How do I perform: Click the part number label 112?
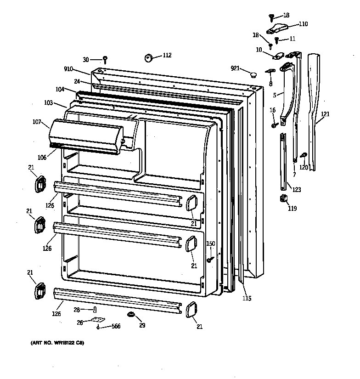click(167, 56)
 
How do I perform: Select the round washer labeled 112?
click(149, 58)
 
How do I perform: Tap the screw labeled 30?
click(105, 59)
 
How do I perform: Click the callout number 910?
click(69, 69)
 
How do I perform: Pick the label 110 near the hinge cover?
click(303, 24)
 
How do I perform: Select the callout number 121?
click(325, 113)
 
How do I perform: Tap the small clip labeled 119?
click(283, 198)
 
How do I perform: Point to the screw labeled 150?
click(210, 260)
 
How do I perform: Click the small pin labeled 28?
click(95, 309)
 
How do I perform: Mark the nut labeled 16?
click(274, 124)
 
